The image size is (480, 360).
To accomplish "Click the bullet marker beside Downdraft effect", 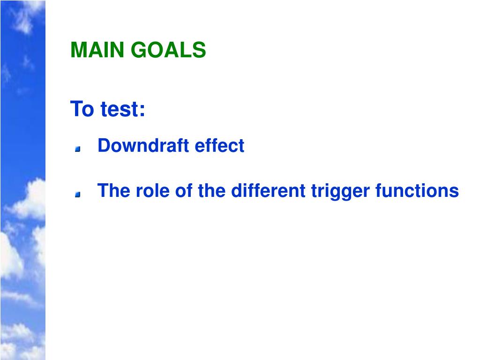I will [78, 149].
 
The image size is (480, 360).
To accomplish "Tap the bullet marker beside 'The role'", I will [78, 194].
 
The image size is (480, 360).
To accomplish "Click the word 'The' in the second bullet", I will [111, 191].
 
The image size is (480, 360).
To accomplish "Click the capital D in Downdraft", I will [103, 146].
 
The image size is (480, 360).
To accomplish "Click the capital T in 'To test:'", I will [76, 109].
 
